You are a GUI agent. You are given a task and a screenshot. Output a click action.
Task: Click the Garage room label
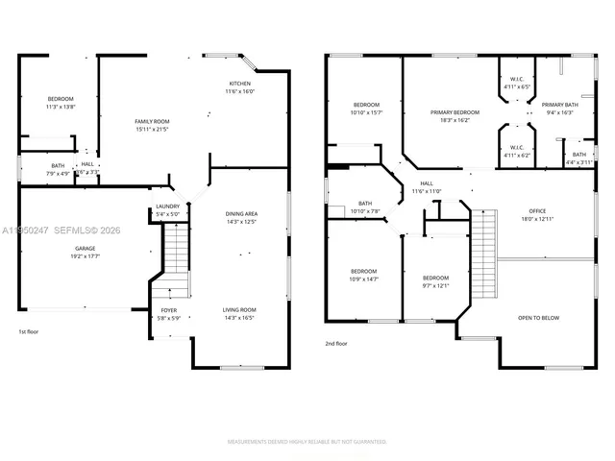[x=86, y=248]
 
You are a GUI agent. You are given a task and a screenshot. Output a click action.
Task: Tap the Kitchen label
[x=239, y=84]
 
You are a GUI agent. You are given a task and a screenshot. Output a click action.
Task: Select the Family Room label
[x=151, y=120]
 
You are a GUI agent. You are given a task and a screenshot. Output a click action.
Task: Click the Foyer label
[x=169, y=311]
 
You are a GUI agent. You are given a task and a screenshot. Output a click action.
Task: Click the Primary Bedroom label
[x=455, y=112]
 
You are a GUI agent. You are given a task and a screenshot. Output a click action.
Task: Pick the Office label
[x=537, y=211]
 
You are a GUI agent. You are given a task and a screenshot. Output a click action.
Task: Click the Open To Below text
[x=538, y=318]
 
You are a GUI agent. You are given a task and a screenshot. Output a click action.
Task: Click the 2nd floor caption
[x=337, y=343]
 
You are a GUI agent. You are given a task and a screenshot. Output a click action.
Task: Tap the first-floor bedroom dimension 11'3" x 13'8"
[x=61, y=107]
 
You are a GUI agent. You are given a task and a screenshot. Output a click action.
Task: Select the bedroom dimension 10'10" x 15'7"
[x=367, y=112]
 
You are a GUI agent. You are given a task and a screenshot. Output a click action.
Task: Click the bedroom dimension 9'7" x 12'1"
[x=435, y=285]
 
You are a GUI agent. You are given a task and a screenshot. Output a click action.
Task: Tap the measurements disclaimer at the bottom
[x=307, y=442]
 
